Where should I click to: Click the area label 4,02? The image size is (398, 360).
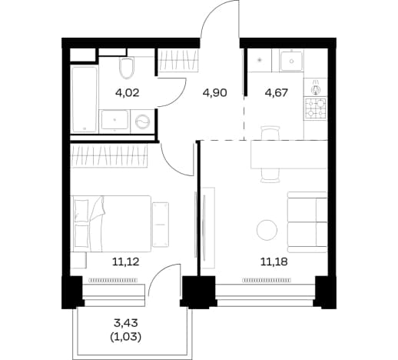coord(128,92)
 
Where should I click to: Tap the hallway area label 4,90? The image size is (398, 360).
coord(214,92)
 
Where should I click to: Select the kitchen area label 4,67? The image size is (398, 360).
coord(277,92)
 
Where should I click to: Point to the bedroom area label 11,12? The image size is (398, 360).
coord(125,262)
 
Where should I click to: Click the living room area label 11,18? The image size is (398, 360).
coord(274,262)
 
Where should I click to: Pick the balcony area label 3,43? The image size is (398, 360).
coord(126,323)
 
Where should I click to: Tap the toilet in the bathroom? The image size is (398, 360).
coord(127,68)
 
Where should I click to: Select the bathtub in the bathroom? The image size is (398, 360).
coord(85,99)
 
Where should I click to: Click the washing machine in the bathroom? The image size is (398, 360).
coord(142,121)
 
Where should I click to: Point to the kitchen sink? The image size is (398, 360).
coord(291,61)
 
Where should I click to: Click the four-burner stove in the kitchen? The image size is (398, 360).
coord(316,108)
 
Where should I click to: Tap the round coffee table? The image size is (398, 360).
coord(267,230)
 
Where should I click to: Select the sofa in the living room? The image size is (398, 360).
coord(307,222)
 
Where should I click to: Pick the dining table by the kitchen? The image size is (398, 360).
coord(289,155)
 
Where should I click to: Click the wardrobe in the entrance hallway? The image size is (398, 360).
coord(178,60)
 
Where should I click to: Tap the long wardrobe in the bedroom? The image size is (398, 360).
coord(109,156)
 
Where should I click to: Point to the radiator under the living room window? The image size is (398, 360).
coord(267,281)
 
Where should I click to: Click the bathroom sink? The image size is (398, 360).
coord(114,119)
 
